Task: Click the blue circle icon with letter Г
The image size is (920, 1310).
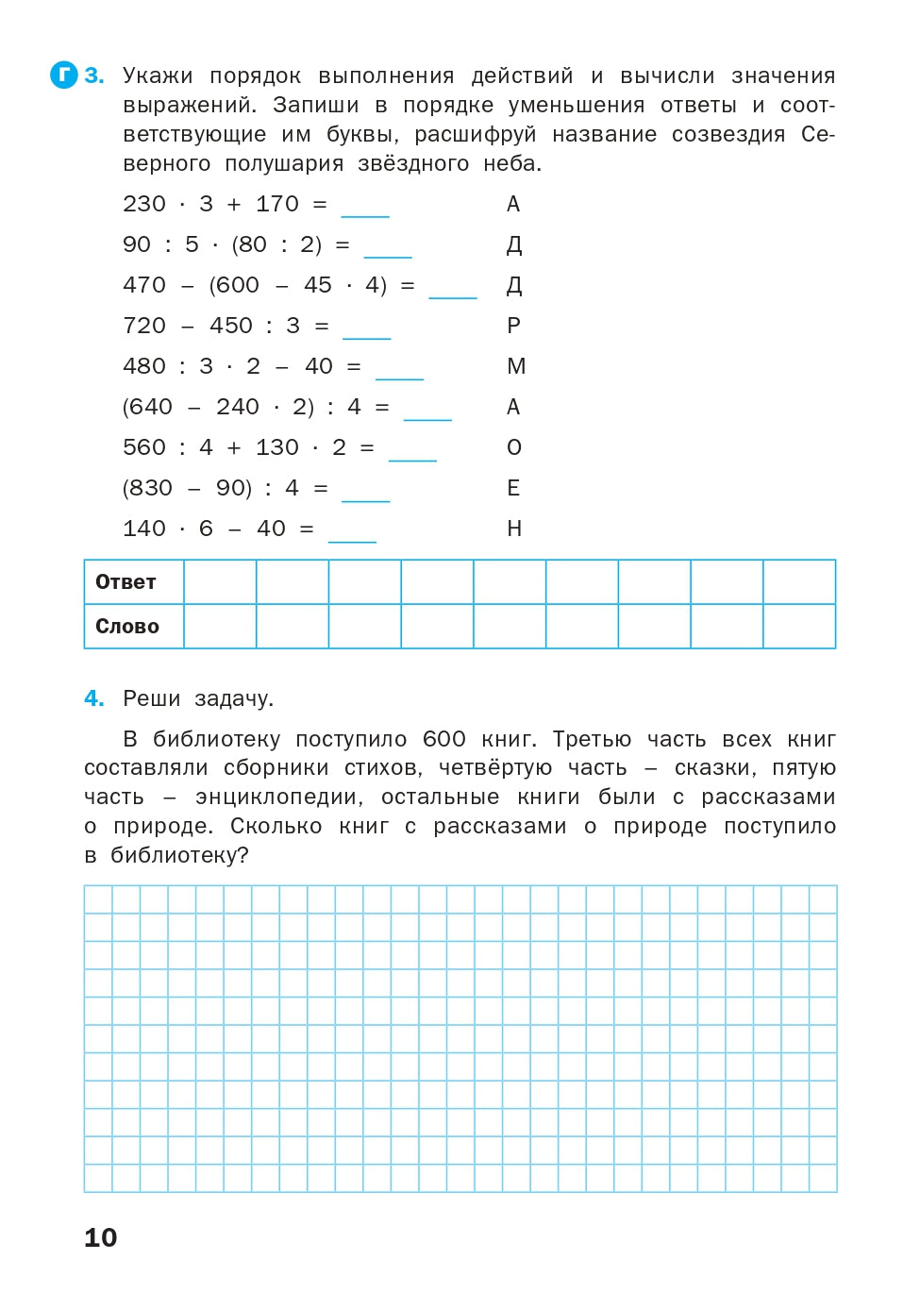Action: pyautogui.click(x=63, y=76)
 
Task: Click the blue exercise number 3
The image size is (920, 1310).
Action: pyautogui.click(x=93, y=76)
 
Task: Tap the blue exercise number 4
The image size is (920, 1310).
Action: pyautogui.click(x=93, y=698)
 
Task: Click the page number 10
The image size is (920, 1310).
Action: pyautogui.click(x=101, y=1237)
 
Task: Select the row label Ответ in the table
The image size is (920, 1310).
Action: pyautogui.click(x=125, y=582)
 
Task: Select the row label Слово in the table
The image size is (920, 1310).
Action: pyautogui.click(x=127, y=627)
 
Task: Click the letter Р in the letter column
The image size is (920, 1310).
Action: pyautogui.click(x=513, y=326)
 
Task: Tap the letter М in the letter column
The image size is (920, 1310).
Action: pyautogui.click(x=516, y=366)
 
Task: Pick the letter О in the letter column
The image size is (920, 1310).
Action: pyautogui.click(x=514, y=447)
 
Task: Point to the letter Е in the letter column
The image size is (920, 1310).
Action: pyautogui.click(x=513, y=488)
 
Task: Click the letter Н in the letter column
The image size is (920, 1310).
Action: pyautogui.click(x=514, y=529)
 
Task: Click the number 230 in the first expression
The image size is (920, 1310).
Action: pyautogui.click(x=144, y=204)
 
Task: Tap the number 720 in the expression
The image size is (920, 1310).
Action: pyautogui.click(x=144, y=326)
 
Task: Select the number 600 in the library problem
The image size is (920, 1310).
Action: pyautogui.click(x=443, y=739)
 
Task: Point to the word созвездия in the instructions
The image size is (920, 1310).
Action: pyautogui.click(x=728, y=134)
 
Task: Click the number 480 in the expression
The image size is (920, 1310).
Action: pyautogui.click(x=144, y=366)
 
